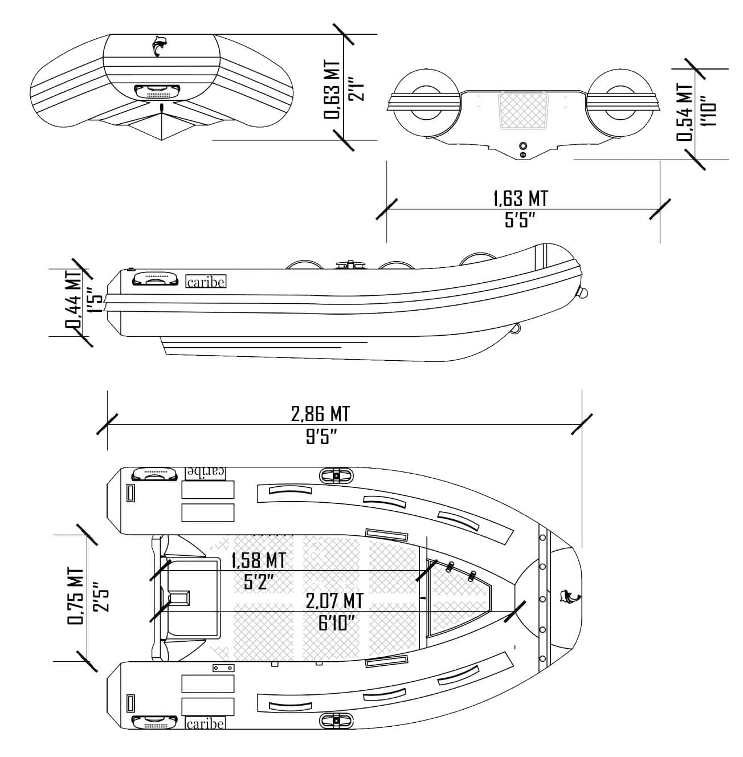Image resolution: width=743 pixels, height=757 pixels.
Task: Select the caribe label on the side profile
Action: coord(206,282)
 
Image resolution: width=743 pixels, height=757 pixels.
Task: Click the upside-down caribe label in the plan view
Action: coord(206,472)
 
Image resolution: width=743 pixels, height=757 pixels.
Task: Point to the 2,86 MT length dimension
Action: coord(320,413)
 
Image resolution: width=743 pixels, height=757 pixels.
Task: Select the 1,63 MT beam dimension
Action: coord(520,198)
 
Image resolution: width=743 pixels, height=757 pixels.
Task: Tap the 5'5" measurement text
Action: coord(520,220)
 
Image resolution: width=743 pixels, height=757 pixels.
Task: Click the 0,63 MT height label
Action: coord(333,90)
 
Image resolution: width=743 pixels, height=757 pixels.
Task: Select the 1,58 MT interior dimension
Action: coord(258,560)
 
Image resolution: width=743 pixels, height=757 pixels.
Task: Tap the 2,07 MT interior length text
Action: coord(334,601)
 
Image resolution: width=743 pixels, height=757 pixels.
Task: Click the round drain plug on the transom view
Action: coord(522,146)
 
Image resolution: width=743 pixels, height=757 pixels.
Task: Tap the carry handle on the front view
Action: coord(158,91)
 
